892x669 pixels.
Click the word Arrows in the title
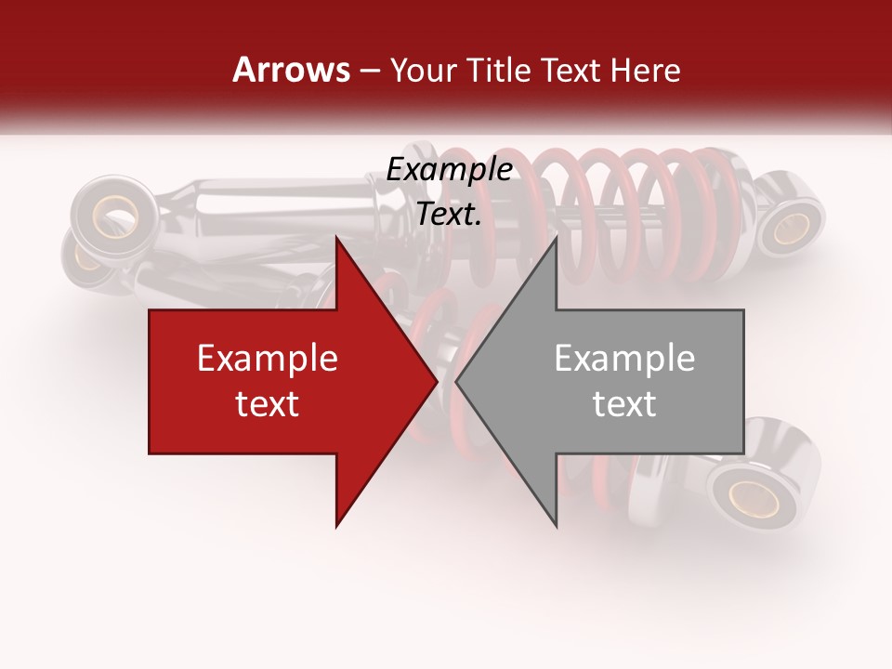[x=290, y=70]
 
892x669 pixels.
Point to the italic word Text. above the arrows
[x=449, y=215]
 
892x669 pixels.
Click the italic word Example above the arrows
[x=449, y=170]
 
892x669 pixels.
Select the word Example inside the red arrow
[x=268, y=359]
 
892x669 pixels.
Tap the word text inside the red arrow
[x=268, y=404]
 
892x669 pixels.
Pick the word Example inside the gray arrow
[x=624, y=359]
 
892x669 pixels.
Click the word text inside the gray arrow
[x=624, y=404]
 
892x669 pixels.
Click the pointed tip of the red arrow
[x=436, y=382]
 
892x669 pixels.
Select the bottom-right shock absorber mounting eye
[x=754, y=494]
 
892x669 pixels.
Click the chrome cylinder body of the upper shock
[x=279, y=209]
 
